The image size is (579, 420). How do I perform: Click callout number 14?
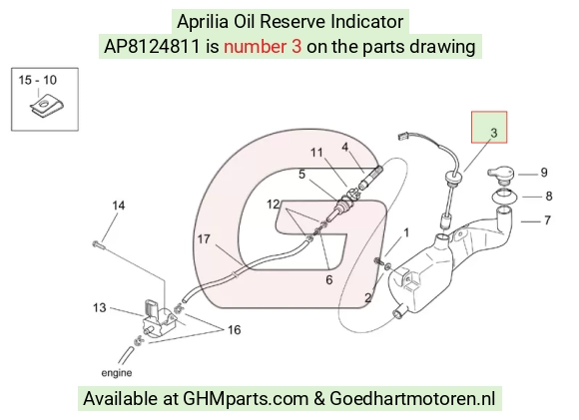coord(119,206)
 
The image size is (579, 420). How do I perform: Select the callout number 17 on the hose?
coord(204,239)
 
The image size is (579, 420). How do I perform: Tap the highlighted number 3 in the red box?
coord(494,133)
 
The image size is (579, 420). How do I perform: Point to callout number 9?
coord(543,173)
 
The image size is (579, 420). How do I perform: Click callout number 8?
coord(549,196)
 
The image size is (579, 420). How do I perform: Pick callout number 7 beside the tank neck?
coord(547,220)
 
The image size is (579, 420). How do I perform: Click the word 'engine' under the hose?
coord(117,373)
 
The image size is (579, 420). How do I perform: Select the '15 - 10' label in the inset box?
coord(38,80)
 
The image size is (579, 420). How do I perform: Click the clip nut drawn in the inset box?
coord(46,107)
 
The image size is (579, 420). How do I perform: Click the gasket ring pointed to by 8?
coord(504,196)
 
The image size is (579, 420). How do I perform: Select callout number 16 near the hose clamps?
coord(235,329)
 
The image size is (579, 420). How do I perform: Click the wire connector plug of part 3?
coord(403,137)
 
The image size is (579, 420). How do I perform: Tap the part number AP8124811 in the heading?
coord(152,47)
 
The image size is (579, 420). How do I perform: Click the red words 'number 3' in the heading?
coord(263,47)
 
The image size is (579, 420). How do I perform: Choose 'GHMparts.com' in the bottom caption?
coord(246,399)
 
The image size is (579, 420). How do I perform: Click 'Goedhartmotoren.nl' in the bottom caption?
coord(412,399)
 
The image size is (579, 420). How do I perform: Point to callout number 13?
coord(100,308)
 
